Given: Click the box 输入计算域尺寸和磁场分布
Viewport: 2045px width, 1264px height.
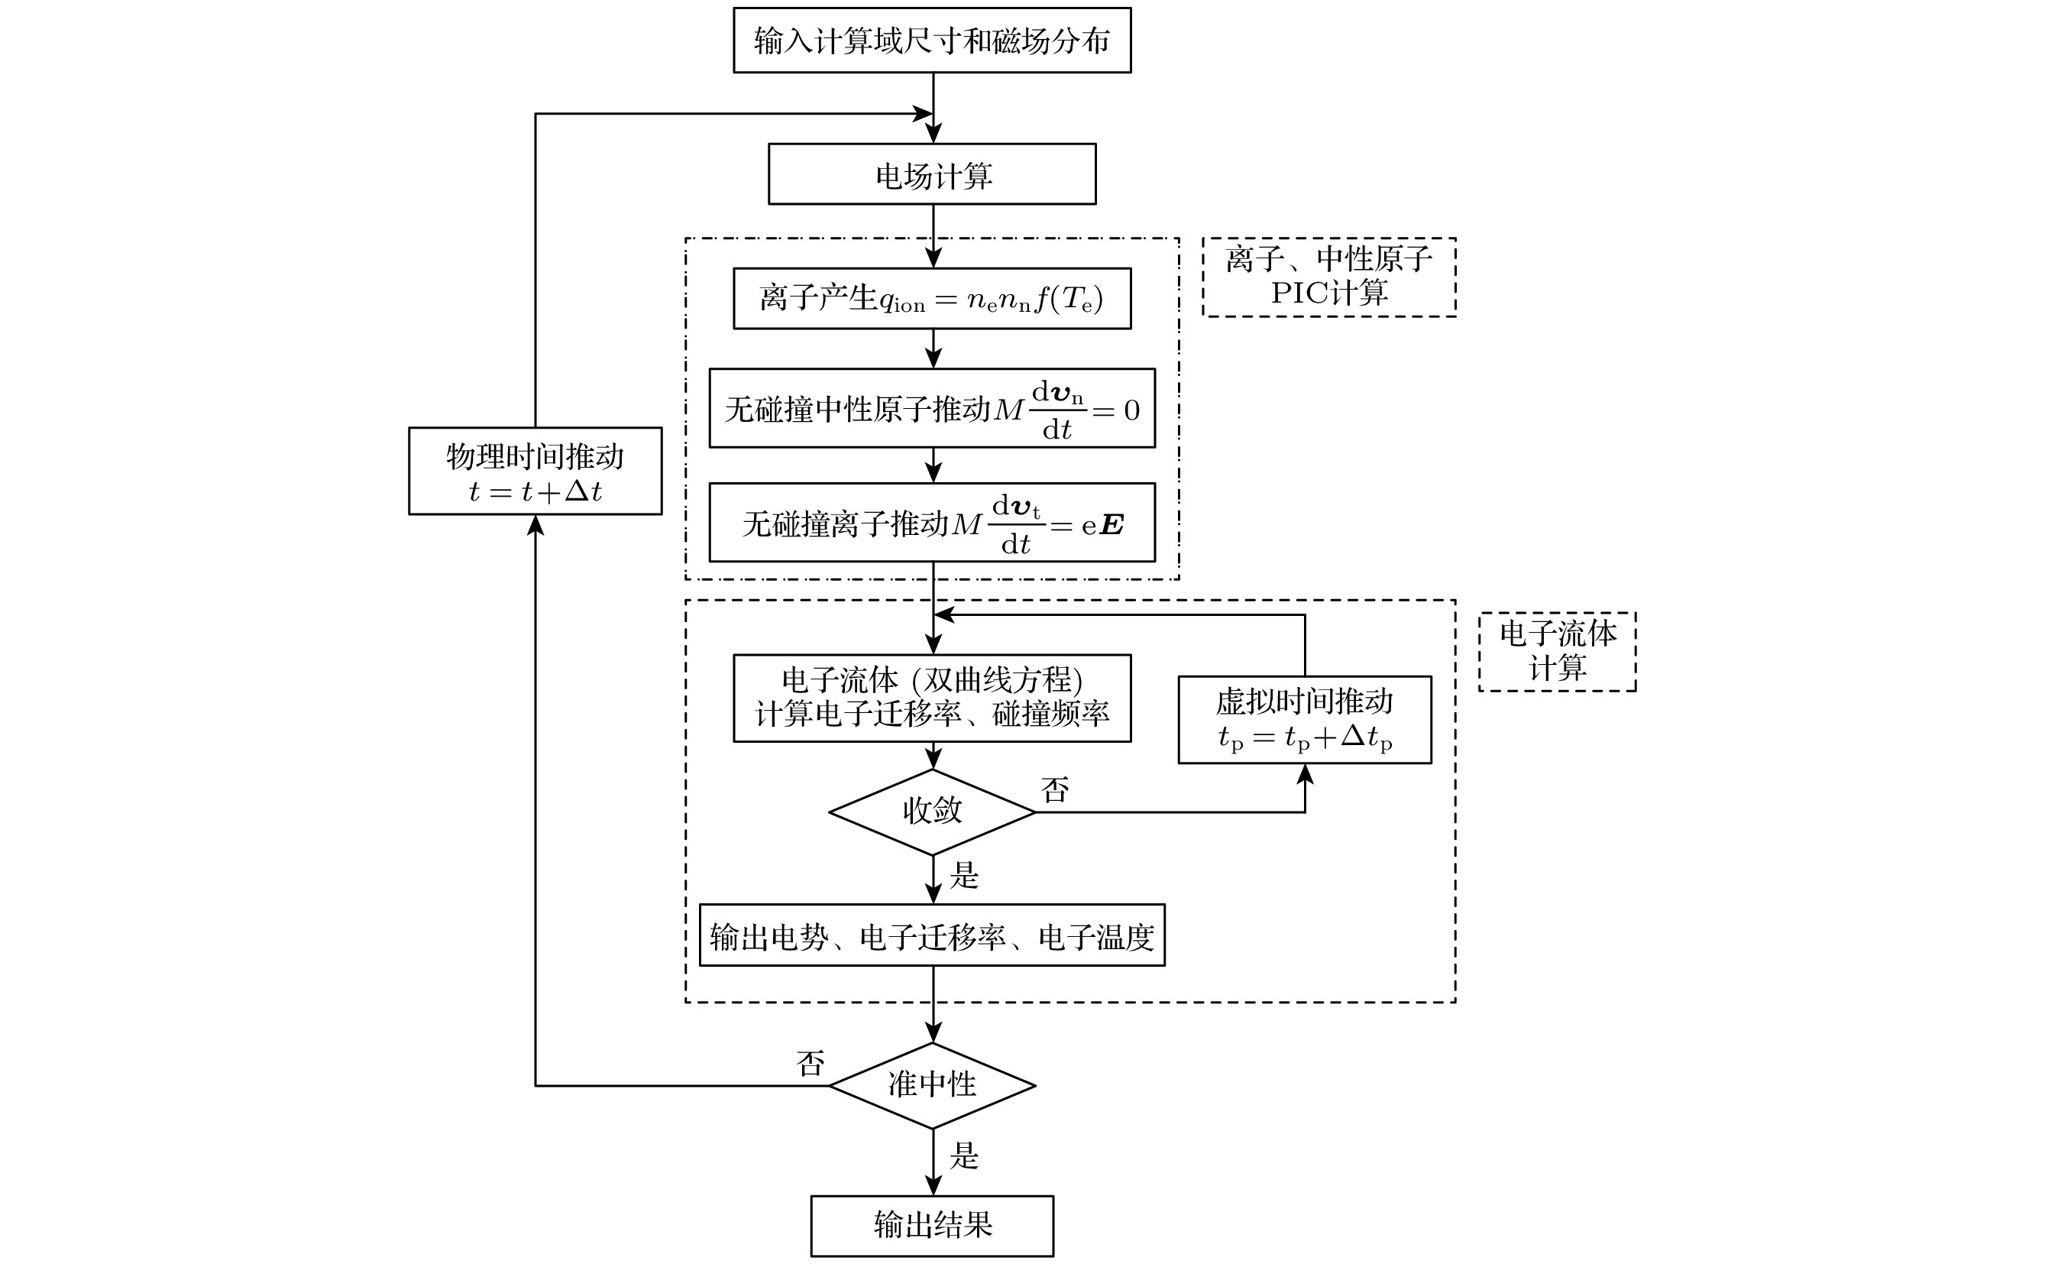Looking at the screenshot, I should click(932, 41).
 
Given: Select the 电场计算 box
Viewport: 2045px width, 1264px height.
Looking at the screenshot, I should click(932, 174).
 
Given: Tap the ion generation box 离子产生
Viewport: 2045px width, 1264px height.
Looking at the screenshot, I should click(932, 299).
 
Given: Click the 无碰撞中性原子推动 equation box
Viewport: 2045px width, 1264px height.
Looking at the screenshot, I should click(932, 408).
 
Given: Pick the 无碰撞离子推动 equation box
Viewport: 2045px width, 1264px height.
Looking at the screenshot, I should click(932, 523).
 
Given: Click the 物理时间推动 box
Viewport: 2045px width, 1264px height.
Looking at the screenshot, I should click(535, 472).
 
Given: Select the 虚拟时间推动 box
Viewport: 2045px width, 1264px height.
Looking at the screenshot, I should click(1305, 720).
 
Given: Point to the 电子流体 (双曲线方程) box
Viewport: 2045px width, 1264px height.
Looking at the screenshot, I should click(932, 698).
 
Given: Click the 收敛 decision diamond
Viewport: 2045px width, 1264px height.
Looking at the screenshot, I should click(932, 812).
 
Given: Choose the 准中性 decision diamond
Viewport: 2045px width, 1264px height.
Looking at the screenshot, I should click(932, 1085).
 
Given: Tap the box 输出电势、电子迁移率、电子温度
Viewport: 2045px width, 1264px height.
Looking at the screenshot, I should click(932, 935).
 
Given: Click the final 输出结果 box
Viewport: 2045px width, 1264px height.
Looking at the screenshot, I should click(932, 1226).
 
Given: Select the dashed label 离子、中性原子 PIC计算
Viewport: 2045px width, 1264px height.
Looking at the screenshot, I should click(1328, 277).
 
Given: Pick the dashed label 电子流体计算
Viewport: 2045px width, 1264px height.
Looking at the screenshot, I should click(1557, 651).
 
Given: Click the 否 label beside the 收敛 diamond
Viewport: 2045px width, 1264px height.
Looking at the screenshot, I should click(1055, 790).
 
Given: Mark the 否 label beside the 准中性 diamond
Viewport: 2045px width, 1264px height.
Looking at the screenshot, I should click(811, 1063).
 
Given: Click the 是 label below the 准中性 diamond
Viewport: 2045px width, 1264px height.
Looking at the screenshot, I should click(963, 1156).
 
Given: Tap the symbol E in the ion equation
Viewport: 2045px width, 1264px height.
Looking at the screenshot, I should click(1112, 525).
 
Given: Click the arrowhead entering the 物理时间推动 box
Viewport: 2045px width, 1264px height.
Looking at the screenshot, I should click(536, 525).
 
